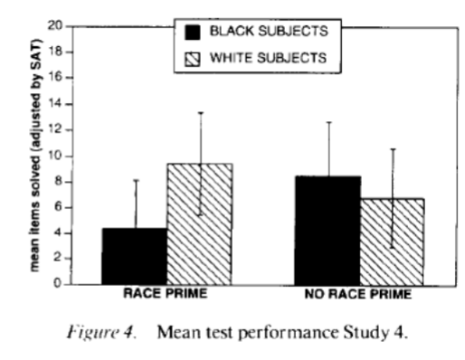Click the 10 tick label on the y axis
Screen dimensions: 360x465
click(x=59, y=155)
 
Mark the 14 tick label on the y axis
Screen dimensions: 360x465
click(x=59, y=103)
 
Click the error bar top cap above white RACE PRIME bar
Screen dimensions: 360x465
click(x=200, y=113)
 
